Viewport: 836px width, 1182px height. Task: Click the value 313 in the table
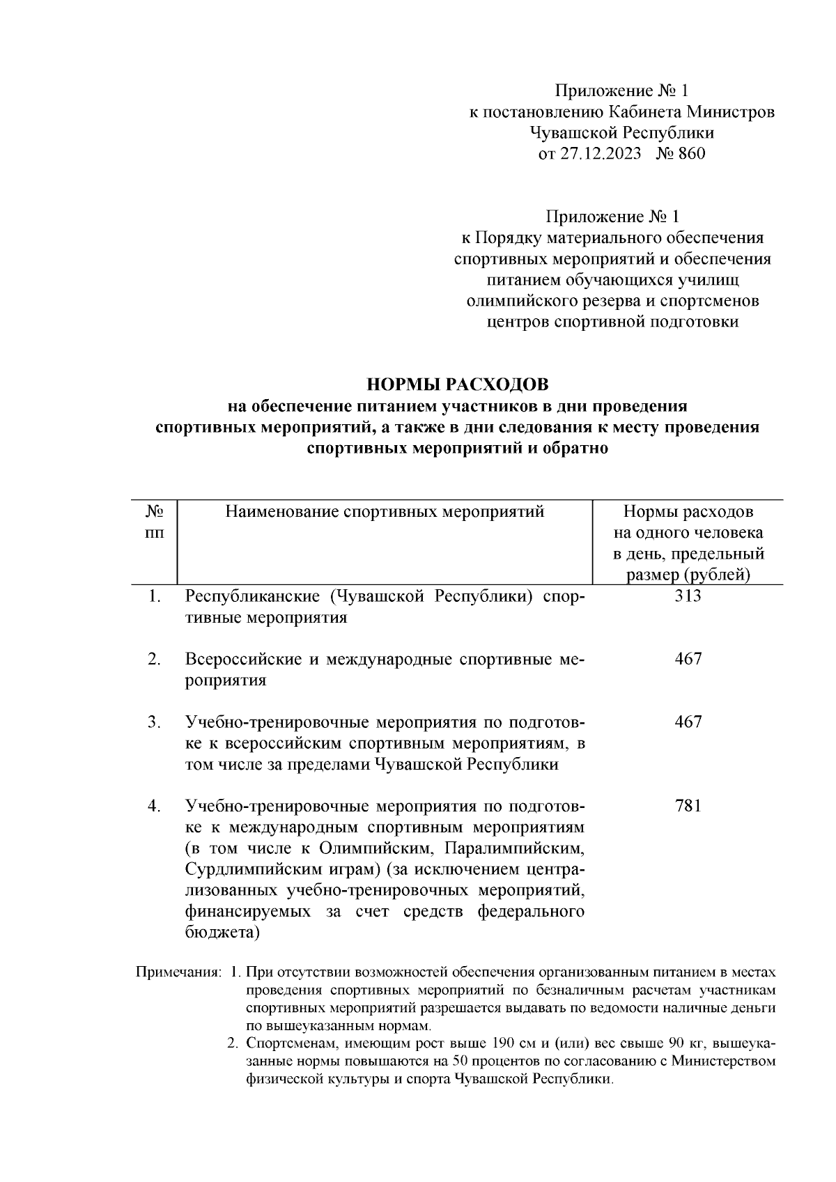tap(688, 596)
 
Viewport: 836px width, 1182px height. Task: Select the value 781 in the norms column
tap(688, 806)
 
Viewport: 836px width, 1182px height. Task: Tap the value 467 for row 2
tap(688, 658)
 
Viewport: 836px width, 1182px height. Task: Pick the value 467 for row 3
tap(688, 722)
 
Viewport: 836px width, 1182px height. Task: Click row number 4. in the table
tap(154, 806)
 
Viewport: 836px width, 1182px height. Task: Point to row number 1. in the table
tap(154, 596)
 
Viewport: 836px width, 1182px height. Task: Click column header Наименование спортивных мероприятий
tap(385, 512)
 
